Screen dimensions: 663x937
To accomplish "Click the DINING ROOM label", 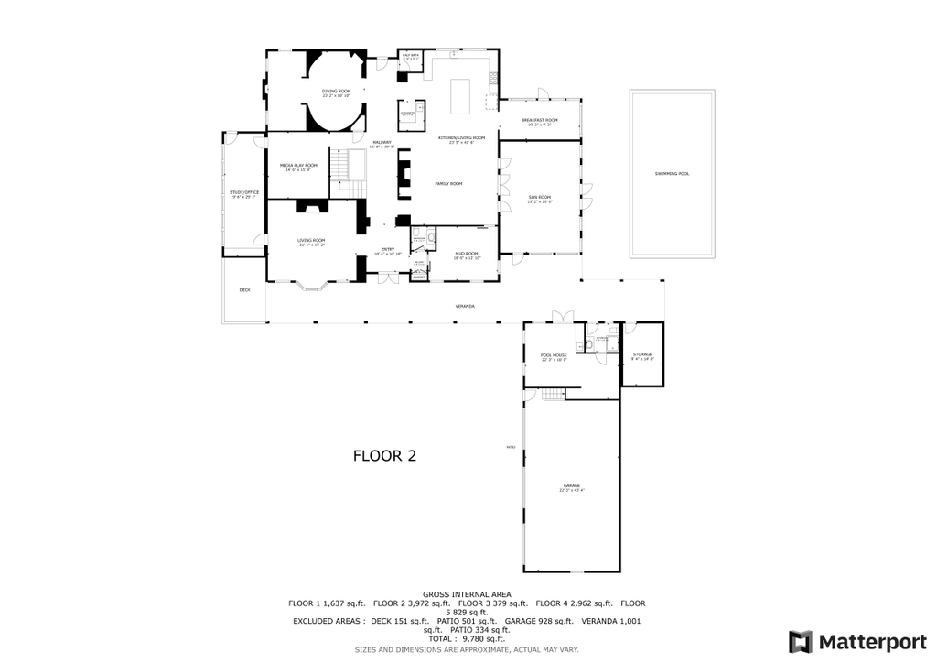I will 336,92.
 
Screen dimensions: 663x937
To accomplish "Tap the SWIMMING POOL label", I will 672,174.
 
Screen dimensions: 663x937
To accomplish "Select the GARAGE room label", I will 571,485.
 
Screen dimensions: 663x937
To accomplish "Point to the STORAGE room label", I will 642,354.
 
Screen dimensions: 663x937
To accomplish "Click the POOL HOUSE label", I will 554,355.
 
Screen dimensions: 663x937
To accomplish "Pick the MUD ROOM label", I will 467,254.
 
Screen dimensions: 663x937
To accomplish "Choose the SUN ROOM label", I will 539,197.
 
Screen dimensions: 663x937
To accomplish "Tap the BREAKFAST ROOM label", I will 539,121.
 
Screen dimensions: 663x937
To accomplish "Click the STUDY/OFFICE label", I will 243,192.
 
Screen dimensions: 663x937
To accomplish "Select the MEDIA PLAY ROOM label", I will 298,166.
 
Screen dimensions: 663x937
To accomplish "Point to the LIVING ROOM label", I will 311,241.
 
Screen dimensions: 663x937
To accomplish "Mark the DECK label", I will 244,290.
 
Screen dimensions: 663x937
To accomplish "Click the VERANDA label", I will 465,306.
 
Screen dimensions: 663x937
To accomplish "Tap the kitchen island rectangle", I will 460,96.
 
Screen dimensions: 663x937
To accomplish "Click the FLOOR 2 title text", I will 384,456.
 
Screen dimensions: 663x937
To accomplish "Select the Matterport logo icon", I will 800,641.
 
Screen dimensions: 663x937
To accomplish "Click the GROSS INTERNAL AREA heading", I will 467,594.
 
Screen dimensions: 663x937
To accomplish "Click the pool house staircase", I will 550,394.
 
